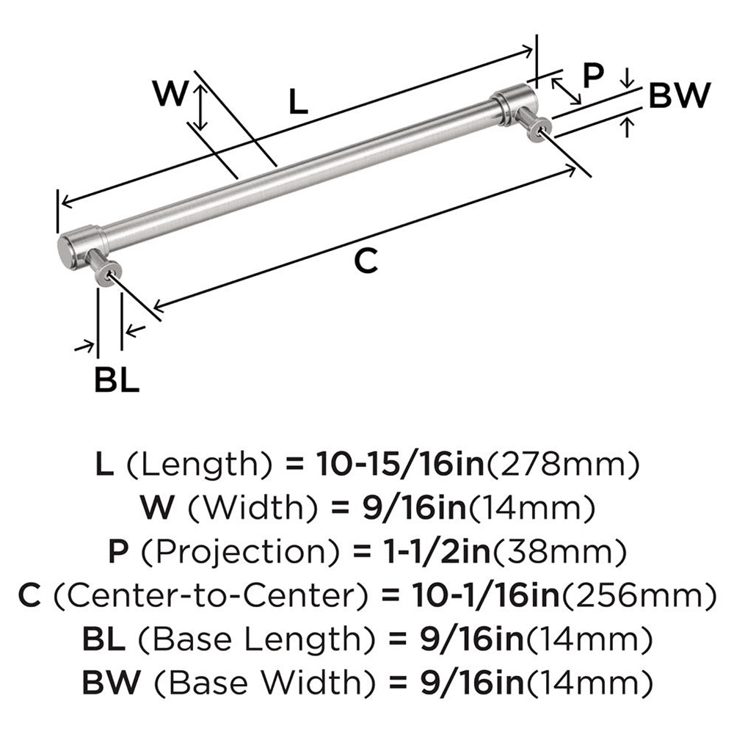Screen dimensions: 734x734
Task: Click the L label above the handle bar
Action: click(x=297, y=103)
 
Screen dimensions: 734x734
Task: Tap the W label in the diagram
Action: click(x=170, y=93)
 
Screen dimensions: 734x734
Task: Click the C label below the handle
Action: click(x=366, y=261)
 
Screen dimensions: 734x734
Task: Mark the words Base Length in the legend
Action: click(x=244, y=638)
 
